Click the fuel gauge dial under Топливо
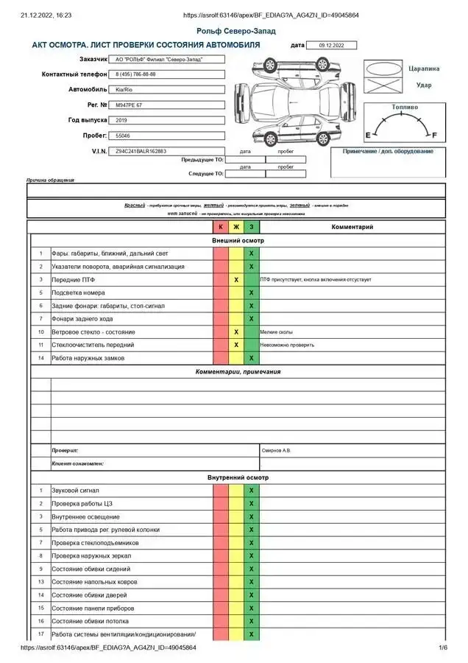click(404, 126)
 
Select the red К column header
click(221, 227)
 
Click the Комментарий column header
click(352, 227)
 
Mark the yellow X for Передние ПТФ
click(236, 280)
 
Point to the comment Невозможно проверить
click(283, 345)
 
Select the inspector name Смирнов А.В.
click(277, 449)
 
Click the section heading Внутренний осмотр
click(238, 477)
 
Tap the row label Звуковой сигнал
click(75, 491)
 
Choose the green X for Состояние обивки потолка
click(252, 621)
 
